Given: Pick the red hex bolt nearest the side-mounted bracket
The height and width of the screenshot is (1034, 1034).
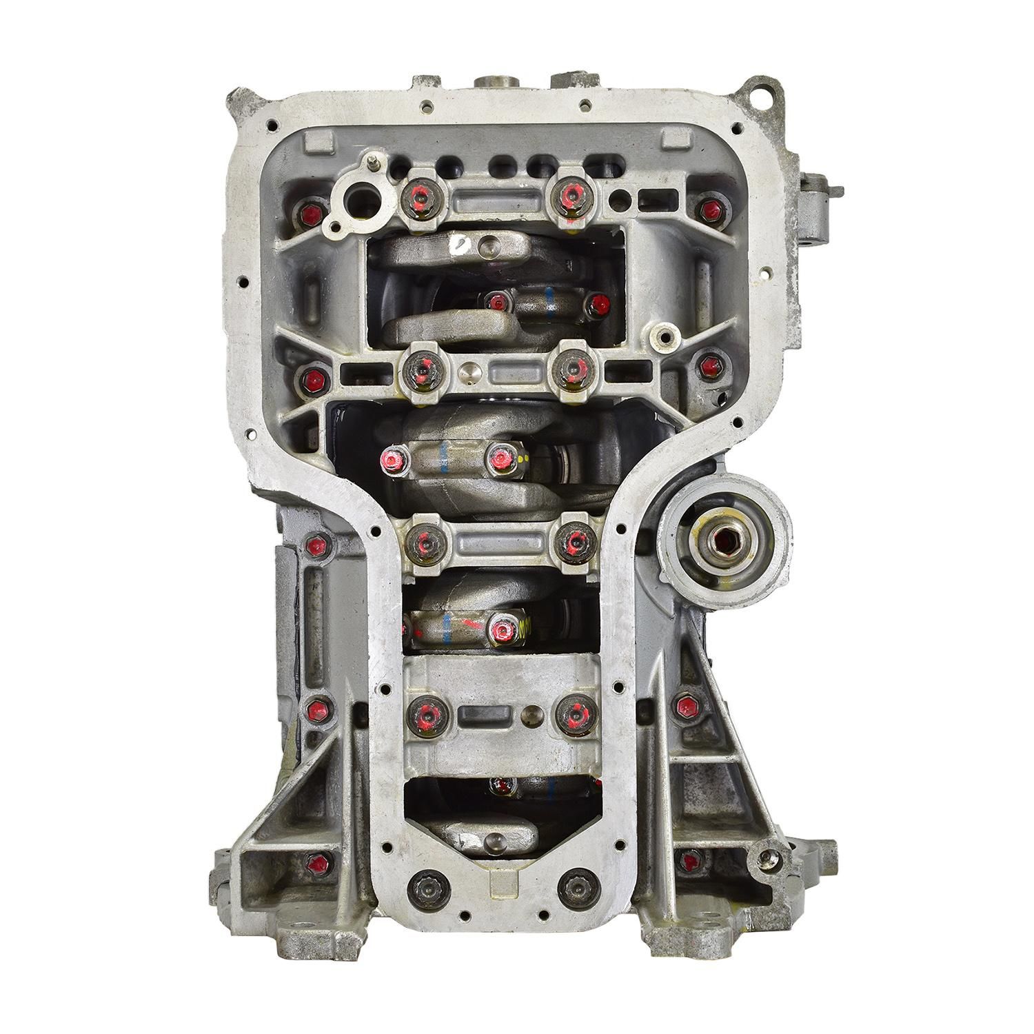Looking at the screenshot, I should (x=707, y=209).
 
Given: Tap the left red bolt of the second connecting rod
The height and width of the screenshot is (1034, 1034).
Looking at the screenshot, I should (x=393, y=458).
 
